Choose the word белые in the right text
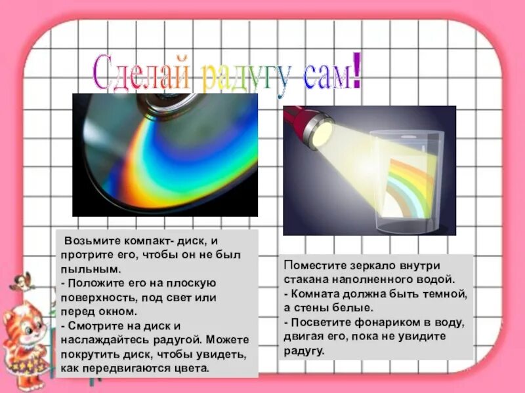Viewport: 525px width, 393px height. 354,308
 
